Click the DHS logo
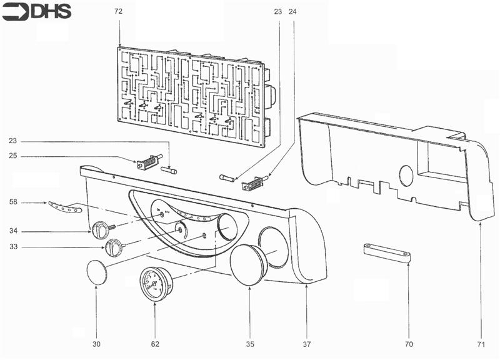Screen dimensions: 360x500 coord(37,11)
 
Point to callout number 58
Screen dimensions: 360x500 coord(13,202)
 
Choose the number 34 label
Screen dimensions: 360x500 coord(13,231)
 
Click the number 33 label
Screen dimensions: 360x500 coord(13,247)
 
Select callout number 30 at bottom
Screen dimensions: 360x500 coord(96,344)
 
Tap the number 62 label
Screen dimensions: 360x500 coord(155,344)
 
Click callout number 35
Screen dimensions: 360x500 coord(249,344)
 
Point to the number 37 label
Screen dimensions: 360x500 coord(307,344)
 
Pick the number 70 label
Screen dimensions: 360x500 coord(409,344)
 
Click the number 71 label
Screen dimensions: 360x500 coord(482,344)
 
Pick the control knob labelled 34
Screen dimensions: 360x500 coord(101,230)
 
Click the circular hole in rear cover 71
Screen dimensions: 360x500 coord(405,176)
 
